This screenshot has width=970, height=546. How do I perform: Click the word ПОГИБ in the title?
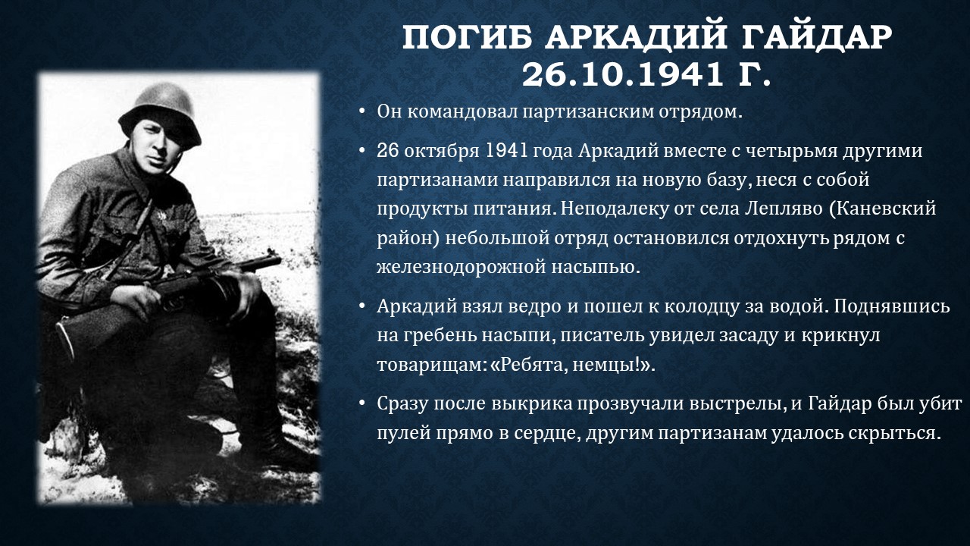pos(467,37)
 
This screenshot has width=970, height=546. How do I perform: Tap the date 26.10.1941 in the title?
pos(622,74)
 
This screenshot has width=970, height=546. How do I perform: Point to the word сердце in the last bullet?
pos(547,433)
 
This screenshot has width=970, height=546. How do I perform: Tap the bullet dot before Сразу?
pos(362,404)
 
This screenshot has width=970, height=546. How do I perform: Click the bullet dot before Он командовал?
pos(362,111)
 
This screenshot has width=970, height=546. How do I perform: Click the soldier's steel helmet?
pos(159,113)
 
